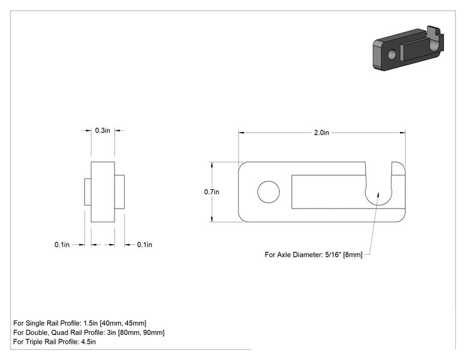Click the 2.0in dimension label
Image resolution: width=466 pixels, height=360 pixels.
pyautogui.click(x=321, y=133)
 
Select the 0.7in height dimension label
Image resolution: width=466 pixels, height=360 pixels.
pyautogui.click(x=212, y=192)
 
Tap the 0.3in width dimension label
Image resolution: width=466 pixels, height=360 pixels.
pyautogui.click(x=103, y=130)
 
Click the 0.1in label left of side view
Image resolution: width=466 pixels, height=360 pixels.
pyautogui.click(x=62, y=244)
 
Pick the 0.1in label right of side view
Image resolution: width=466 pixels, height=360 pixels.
pyautogui.click(x=145, y=244)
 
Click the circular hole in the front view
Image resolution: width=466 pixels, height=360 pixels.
pyautogui.click(x=268, y=192)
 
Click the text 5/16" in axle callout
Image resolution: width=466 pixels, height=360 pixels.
pyautogui.click(x=333, y=255)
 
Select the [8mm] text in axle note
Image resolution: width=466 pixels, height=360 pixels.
pyautogui.click(x=353, y=255)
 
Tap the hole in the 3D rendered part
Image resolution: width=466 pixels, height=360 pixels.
pyautogui.click(x=392, y=54)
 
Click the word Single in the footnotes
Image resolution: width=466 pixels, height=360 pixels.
pyautogui.click(x=34, y=323)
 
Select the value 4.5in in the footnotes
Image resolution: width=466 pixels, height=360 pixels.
pyautogui.click(x=88, y=342)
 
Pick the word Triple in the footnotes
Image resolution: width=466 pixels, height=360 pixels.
pyautogui.click(x=34, y=342)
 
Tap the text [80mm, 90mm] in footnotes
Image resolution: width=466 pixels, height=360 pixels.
pyautogui.click(x=141, y=332)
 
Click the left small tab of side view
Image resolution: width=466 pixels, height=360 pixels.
pyautogui.click(x=88, y=192)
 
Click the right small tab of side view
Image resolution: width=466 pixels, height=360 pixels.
pyautogui.click(x=120, y=192)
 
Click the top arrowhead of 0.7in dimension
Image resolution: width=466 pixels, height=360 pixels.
pyautogui.click(x=212, y=165)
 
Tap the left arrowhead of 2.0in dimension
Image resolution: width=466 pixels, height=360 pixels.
pyautogui.click(x=241, y=133)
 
